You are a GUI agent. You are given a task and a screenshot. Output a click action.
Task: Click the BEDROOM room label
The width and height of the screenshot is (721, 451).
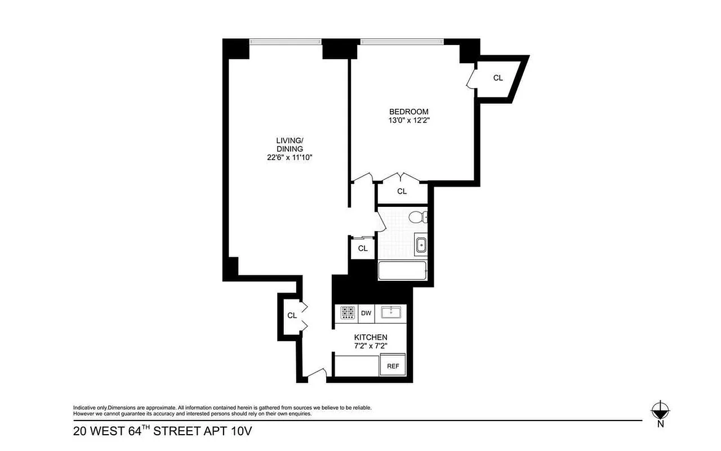(x=408, y=111)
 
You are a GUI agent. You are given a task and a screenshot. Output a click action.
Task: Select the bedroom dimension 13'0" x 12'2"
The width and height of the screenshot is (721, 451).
(x=408, y=120)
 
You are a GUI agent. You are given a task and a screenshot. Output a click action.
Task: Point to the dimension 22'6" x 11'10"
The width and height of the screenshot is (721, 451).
(x=290, y=158)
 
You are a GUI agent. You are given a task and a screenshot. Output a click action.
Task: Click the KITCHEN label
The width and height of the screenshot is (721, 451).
(x=370, y=337)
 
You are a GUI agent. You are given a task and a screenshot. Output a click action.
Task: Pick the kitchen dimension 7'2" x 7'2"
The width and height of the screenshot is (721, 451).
(x=370, y=346)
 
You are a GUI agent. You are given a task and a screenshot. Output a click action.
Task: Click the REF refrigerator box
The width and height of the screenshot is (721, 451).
(x=393, y=365)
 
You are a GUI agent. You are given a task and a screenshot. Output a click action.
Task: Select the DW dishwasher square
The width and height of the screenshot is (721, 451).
(x=366, y=313)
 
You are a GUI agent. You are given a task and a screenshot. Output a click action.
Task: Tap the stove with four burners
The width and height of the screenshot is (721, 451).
(x=347, y=313)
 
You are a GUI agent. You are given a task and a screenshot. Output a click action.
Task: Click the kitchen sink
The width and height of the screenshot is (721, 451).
(x=390, y=313)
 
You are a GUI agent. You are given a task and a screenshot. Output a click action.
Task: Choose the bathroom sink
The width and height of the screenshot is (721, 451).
(x=420, y=245)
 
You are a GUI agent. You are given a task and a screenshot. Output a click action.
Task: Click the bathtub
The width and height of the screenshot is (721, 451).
(x=402, y=271)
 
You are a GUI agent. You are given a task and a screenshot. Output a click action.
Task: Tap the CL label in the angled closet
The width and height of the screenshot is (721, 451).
(x=498, y=78)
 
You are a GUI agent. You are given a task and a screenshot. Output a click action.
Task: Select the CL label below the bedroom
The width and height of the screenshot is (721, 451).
(x=402, y=192)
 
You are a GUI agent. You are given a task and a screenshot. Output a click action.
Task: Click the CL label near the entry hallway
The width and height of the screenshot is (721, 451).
(x=292, y=316)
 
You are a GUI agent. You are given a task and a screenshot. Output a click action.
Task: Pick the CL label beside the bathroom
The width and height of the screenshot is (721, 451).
(x=363, y=248)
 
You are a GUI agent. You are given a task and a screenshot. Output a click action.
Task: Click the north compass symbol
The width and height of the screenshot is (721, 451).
(x=660, y=410)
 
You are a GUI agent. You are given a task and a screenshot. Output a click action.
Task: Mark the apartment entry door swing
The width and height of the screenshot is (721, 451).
(x=317, y=374)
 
